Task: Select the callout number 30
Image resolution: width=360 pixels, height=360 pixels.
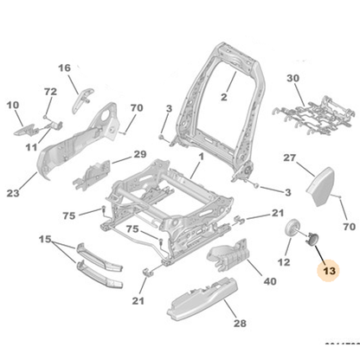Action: click(293, 78)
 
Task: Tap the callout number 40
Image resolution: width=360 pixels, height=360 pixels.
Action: click(270, 281)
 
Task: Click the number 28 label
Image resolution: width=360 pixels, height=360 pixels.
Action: click(215, 323)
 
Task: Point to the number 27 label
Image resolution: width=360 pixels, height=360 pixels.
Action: click(291, 158)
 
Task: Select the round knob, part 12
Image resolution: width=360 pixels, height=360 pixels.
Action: click(292, 229)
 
